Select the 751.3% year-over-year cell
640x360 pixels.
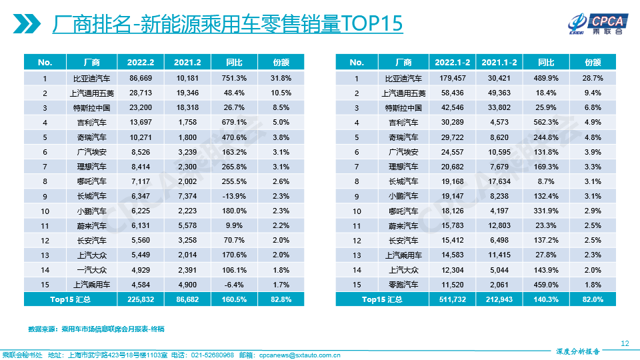coord(234,78)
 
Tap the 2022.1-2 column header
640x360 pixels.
coord(452,62)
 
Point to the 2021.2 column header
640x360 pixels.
coord(187,62)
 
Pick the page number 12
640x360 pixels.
coord(625,343)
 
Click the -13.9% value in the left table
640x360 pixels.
coord(234,196)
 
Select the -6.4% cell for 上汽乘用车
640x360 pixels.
coord(234,285)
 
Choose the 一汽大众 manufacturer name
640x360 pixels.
coord(93,270)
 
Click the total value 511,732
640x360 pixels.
coord(453,299)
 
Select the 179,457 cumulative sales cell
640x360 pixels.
coord(453,78)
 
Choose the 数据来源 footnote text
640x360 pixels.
coord(96,329)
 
